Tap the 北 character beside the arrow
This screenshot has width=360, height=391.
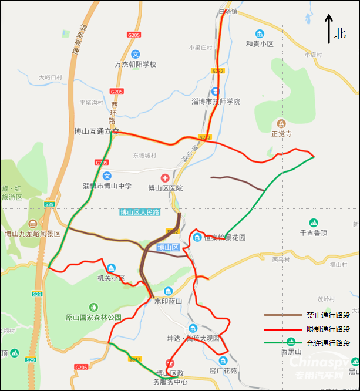coord(340,33)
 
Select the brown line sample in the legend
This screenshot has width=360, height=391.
coord(281,315)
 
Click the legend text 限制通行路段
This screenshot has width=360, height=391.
coord(328,329)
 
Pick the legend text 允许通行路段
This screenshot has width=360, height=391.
coord(328,343)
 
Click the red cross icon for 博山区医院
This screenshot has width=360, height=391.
coord(165,177)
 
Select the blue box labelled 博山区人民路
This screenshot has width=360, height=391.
coord(139,213)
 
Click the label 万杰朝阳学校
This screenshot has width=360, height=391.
coord(136,64)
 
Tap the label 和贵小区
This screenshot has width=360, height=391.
coord(260,43)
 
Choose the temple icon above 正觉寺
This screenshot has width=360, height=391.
coord(281,124)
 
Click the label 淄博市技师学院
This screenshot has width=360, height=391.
coord(216,102)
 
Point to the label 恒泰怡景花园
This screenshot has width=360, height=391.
coord(224,238)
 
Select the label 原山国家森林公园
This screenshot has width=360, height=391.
coord(93,317)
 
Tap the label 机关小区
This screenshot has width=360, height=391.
coord(111,278)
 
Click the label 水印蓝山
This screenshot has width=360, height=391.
coord(169,301)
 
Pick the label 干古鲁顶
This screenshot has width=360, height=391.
coord(313,232)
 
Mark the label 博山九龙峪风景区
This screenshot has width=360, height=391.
coord(33,234)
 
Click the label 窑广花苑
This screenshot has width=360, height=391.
coord(223,370)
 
